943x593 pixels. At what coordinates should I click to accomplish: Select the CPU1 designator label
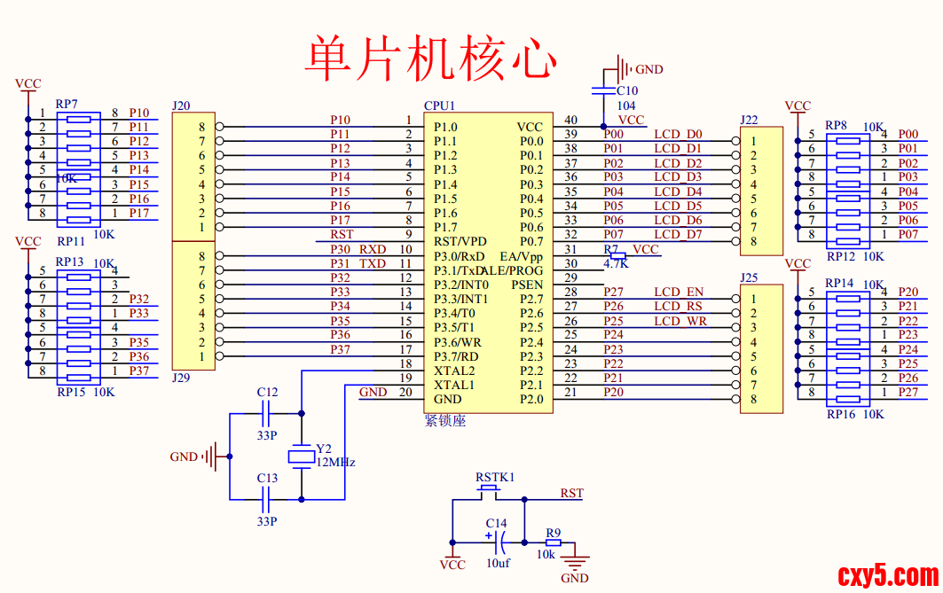(x=439, y=105)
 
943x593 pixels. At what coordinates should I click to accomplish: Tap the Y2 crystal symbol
(x=302, y=456)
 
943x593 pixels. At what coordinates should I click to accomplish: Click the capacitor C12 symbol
(x=267, y=413)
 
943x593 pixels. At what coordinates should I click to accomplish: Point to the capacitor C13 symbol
(x=267, y=499)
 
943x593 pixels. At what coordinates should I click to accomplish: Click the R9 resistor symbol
(x=554, y=542)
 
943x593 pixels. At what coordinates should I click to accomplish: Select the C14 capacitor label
(x=497, y=524)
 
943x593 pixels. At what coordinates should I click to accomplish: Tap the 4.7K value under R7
(x=616, y=263)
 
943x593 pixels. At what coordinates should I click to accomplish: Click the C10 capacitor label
(x=626, y=90)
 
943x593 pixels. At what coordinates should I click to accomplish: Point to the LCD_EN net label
(x=679, y=292)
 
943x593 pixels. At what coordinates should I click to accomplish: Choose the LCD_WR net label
(x=680, y=321)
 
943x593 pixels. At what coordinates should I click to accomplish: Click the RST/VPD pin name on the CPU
(x=460, y=242)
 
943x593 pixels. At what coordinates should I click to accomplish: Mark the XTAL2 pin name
(x=454, y=371)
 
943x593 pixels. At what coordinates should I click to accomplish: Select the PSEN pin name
(x=527, y=285)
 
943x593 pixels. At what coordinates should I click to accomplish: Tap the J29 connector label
(x=181, y=378)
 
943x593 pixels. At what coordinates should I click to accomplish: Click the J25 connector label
(x=749, y=278)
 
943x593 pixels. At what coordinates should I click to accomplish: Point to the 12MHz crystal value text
(x=336, y=463)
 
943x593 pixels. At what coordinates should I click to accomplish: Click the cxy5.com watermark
(x=887, y=575)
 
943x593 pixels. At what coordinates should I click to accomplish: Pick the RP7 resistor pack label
(x=67, y=104)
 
